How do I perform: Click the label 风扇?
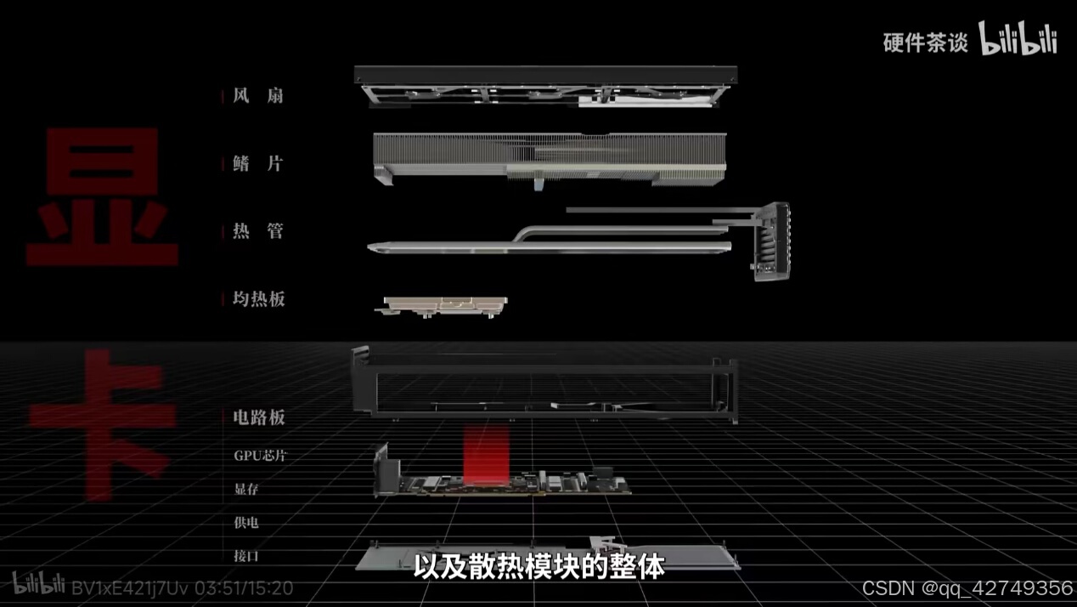point(257,95)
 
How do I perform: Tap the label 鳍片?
point(257,163)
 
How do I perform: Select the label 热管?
point(257,230)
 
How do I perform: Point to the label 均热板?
point(258,298)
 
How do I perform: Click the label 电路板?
point(258,417)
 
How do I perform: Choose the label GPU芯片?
point(260,455)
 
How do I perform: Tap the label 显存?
point(247,489)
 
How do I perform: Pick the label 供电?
point(246,522)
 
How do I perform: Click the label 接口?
point(246,556)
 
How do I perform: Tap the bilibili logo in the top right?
point(1018,39)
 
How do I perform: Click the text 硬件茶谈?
point(925,43)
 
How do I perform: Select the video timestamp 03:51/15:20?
point(244,587)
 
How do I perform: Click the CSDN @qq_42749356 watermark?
point(967,588)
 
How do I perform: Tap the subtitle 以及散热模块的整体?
point(538,567)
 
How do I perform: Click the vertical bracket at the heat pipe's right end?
point(770,241)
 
